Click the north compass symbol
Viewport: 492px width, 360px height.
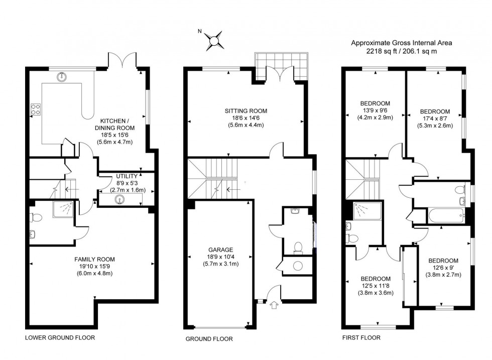click(214, 40)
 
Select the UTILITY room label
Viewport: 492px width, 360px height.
click(127, 177)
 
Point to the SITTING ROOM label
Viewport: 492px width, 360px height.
click(245, 111)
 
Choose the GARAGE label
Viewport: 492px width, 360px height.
click(220, 250)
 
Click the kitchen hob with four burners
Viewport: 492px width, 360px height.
click(36, 109)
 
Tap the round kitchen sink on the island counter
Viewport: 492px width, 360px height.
click(62, 77)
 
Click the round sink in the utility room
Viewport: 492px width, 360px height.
click(119, 199)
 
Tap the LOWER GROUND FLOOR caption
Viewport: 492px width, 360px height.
click(60, 337)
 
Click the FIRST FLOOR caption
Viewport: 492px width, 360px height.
click(361, 337)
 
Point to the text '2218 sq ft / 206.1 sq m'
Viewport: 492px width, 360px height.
click(401, 51)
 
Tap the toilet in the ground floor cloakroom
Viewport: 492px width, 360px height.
click(298, 246)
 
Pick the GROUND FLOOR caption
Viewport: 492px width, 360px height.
click(209, 339)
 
